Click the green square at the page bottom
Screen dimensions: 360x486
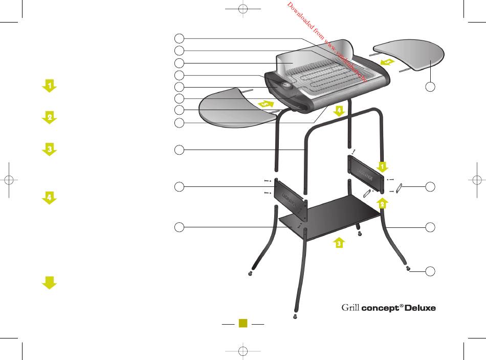[x=244, y=323]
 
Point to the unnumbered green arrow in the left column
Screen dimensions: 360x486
[x=49, y=282]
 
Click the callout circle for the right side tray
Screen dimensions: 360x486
[x=431, y=87]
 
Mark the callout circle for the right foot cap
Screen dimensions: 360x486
[x=431, y=271]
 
